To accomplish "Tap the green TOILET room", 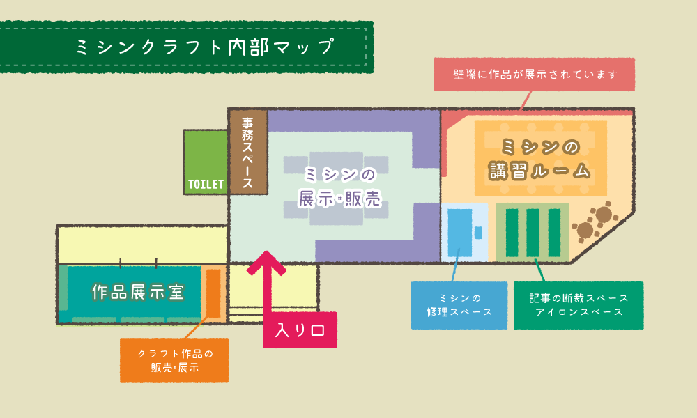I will pyautogui.click(x=206, y=161).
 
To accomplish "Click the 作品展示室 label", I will pyautogui.click(x=138, y=293).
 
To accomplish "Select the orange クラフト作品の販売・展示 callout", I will pyautogui.click(x=174, y=360).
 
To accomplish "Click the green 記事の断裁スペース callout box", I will pyautogui.click(x=579, y=305).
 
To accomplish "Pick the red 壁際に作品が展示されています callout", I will pyautogui.click(x=535, y=74).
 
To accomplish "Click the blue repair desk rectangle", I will pyautogui.click(x=460, y=233).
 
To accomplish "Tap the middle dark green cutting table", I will pyautogui.click(x=533, y=233).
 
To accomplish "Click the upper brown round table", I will pyautogui.click(x=604, y=212).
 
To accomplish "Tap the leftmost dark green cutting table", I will pyautogui.click(x=511, y=233).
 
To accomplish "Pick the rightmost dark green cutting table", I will pyautogui.click(x=554, y=233).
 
